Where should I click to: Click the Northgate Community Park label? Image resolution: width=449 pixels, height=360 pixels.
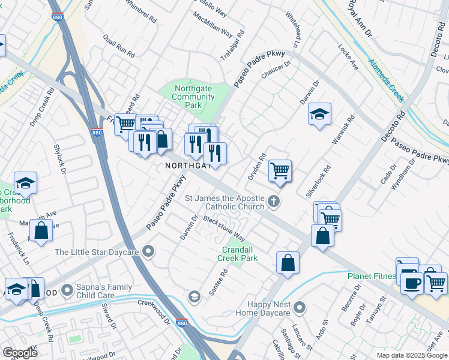tap(193, 97)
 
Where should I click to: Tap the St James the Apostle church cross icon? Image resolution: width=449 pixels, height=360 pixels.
tap(274, 201)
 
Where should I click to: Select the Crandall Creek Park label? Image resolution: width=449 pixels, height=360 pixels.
tap(240, 254)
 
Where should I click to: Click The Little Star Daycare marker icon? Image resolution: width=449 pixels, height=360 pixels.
tap(148, 252)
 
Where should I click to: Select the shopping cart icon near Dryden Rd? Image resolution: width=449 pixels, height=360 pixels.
tap(280, 170)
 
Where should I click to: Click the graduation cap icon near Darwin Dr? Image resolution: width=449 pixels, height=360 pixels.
tap(320, 113)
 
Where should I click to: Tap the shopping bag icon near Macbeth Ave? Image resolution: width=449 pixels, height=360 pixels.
tap(40, 230)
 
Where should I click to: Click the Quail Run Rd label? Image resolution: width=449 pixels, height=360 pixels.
tap(118, 46)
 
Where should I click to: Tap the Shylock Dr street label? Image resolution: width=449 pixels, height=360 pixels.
tap(61, 160)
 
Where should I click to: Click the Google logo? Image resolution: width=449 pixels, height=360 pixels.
tap(20, 353)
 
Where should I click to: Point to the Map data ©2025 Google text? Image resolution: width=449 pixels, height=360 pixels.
tap(411, 355)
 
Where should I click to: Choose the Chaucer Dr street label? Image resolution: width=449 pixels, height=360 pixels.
tap(276, 71)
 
